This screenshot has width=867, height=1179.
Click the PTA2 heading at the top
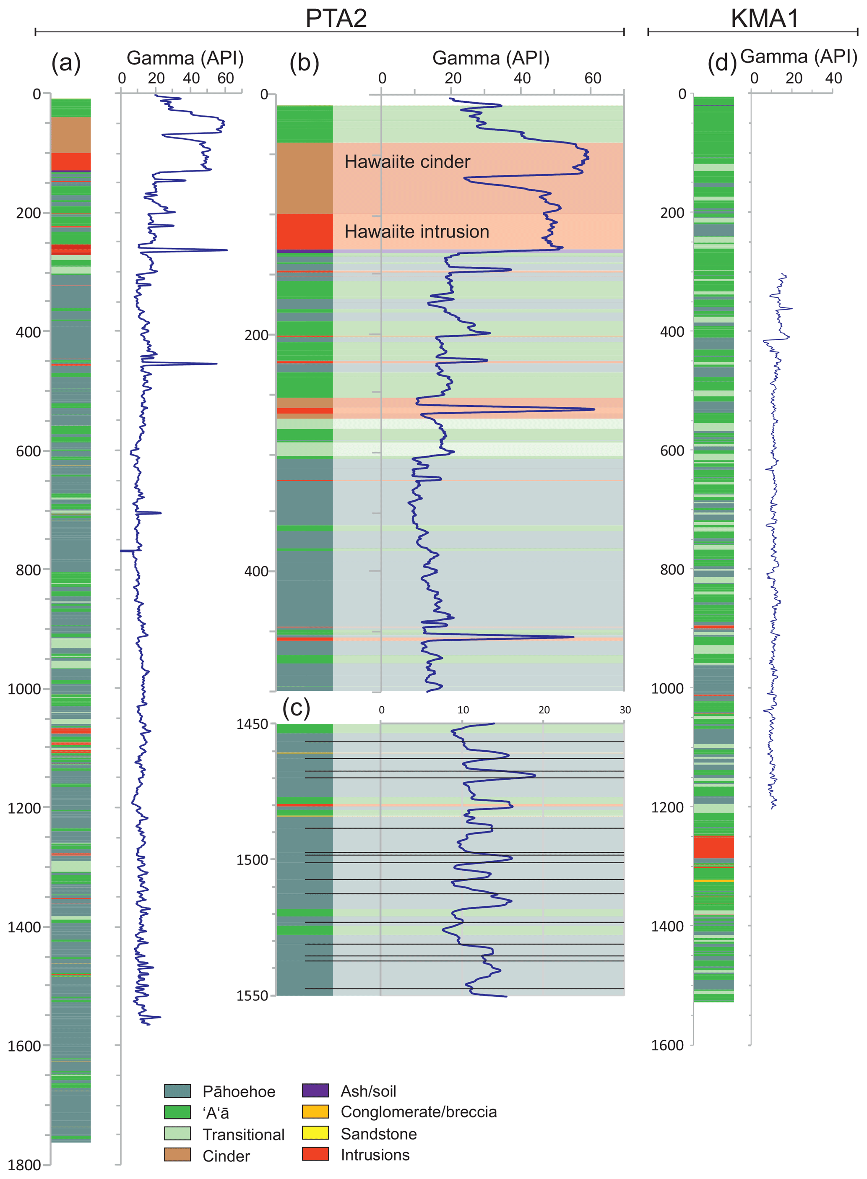pyautogui.click(x=336, y=18)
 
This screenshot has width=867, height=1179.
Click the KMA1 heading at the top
pyautogui.click(x=764, y=18)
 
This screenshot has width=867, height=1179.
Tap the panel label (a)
pyautogui.click(x=66, y=63)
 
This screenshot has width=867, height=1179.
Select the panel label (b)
pyautogui.click(x=305, y=63)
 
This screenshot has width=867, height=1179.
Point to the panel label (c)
pyautogui.click(x=297, y=708)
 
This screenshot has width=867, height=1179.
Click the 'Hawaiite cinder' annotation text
pyautogui.click(x=407, y=161)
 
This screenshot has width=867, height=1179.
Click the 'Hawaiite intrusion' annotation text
pyautogui.click(x=417, y=232)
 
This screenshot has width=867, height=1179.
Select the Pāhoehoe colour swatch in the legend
pyautogui.click(x=177, y=1091)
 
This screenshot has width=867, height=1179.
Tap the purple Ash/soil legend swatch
pyautogui.click(x=315, y=1091)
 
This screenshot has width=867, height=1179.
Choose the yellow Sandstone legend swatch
pyautogui.click(x=315, y=1133)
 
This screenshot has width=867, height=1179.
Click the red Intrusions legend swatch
pyautogui.click(x=315, y=1154)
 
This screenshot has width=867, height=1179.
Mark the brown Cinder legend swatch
pyautogui.click(x=177, y=1155)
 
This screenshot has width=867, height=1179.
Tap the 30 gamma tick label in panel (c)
pyautogui.click(x=625, y=710)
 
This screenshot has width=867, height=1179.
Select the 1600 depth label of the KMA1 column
pyautogui.click(x=668, y=1045)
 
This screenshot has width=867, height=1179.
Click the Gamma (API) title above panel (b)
pyautogui.click(x=491, y=58)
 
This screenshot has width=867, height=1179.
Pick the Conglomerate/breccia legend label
pyautogui.click(x=418, y=1111)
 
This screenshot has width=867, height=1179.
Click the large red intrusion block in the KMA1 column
pyautogui.click(x=714, y=847)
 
